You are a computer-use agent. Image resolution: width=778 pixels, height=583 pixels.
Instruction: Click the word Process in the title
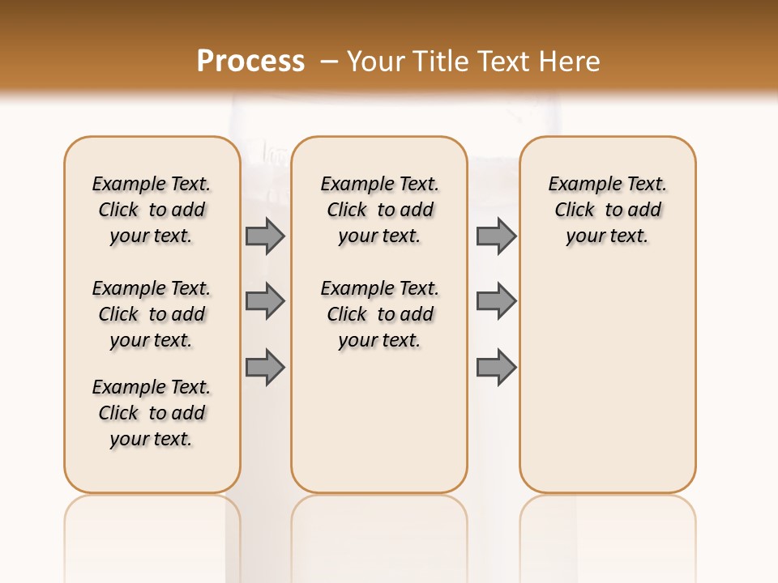[x=250, y=61]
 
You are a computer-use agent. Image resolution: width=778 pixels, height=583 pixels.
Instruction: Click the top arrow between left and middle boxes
[x=265, y=236]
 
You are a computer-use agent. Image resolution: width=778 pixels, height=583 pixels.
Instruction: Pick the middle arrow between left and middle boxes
[x=265, y=301]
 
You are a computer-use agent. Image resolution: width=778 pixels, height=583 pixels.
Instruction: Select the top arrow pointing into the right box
[x=496, y=236]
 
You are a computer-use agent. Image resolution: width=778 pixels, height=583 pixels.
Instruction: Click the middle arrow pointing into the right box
[x=496, y=301]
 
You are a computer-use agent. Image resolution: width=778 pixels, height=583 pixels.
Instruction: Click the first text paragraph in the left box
[x=152, y=210]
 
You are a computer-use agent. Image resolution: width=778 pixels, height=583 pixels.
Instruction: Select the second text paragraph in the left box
[x=152, y=314]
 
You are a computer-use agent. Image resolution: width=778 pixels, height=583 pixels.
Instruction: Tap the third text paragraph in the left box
[x=152, y=413]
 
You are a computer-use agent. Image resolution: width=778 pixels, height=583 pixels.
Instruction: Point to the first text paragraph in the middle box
[x=379, y=210]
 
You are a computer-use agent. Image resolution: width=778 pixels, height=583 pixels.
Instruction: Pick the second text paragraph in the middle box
[x=379, y=314]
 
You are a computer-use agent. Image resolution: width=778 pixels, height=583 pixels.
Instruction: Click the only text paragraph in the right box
[x=607, y=210]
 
